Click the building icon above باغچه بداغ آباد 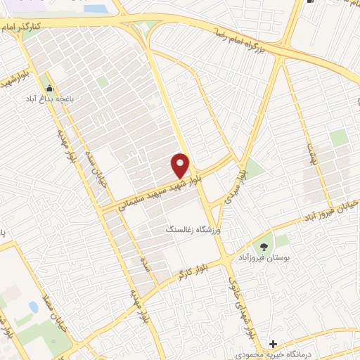click(49, 89)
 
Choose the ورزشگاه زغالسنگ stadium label click(193, 230)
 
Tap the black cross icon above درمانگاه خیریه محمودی click(272, 344)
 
